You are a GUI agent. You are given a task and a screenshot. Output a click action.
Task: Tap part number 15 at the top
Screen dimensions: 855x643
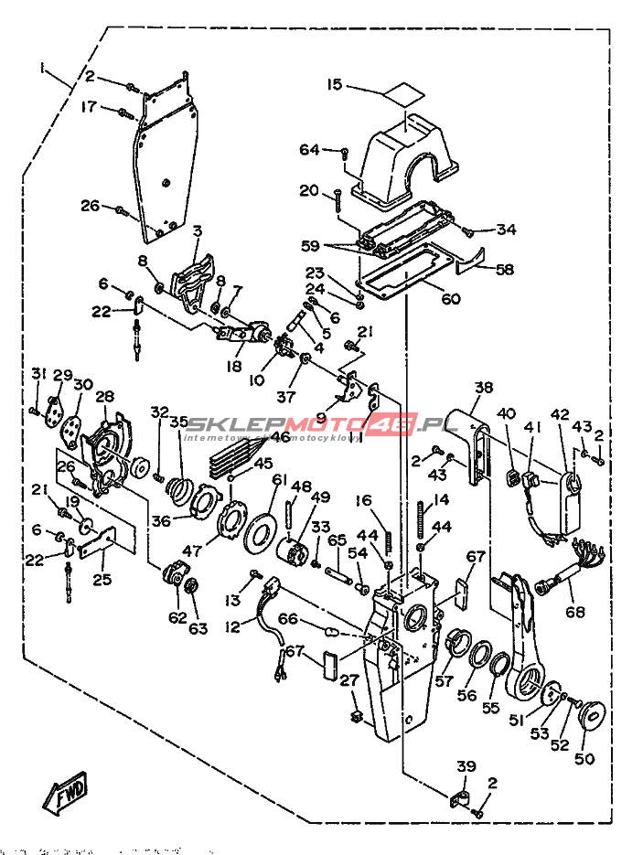pos(335,85)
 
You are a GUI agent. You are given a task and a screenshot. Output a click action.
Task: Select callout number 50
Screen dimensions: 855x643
pos(584,759)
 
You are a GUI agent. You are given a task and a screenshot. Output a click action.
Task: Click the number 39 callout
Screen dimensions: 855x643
pos(466,767)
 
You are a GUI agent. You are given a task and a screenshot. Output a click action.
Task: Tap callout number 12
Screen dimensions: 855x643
pos(232,627)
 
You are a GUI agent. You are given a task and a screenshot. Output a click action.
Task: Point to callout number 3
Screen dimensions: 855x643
pos(196,230)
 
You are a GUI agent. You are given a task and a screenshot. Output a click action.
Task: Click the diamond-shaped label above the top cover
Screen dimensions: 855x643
pos(403,93)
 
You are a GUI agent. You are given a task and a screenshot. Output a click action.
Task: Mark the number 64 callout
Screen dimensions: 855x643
pos(309,149)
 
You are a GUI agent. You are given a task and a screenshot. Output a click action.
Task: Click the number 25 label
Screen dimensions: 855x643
pos(103,580)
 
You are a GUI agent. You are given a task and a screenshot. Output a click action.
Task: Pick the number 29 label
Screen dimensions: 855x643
pos(62,375)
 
